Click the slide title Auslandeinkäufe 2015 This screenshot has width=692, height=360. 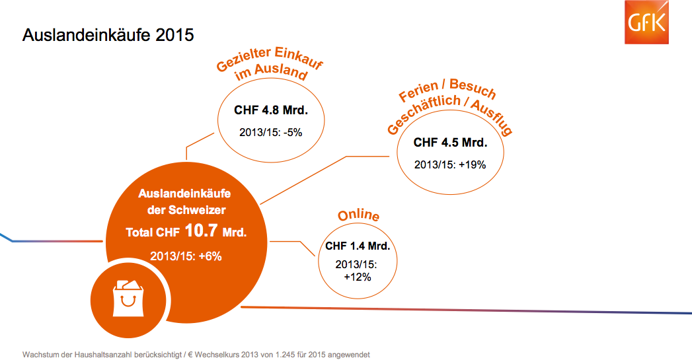(108, 35)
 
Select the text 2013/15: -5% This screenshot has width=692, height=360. (270, 132)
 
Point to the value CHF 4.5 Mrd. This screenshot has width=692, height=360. (450, 142)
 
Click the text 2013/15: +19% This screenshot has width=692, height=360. (450, 164)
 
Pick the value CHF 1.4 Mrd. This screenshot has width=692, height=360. (358, 246)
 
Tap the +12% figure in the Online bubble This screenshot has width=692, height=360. (358, 277)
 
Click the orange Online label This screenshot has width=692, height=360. (358, 216)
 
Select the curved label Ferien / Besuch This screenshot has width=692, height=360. (447, 92)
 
